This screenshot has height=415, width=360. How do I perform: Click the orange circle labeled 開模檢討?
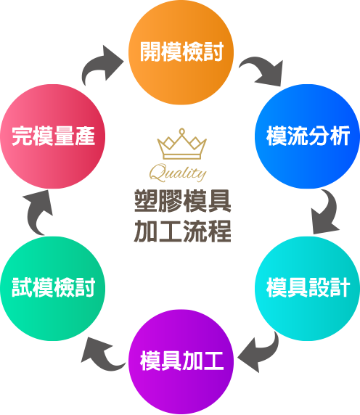(181, 52)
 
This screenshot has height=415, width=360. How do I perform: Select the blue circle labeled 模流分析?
(307, 136)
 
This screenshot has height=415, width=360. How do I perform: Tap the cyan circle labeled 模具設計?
(307, 289)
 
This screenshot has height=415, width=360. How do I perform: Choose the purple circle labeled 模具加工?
(181, 362)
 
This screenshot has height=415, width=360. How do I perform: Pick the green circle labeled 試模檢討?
(53, 289)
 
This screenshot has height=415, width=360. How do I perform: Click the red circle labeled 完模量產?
(53, 136)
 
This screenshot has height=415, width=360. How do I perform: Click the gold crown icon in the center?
(181, 144)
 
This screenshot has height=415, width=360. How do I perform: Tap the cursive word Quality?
(178, 172)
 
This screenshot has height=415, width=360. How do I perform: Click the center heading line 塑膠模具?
(183, 201)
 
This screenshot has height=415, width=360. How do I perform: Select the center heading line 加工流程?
(183, 231)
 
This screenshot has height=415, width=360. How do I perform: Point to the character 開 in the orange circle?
(150, 52)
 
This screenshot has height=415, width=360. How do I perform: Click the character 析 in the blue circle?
(340, 136)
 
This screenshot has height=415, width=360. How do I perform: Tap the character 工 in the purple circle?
(213, 361)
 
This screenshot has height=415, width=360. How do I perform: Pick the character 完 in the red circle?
(22, 136)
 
